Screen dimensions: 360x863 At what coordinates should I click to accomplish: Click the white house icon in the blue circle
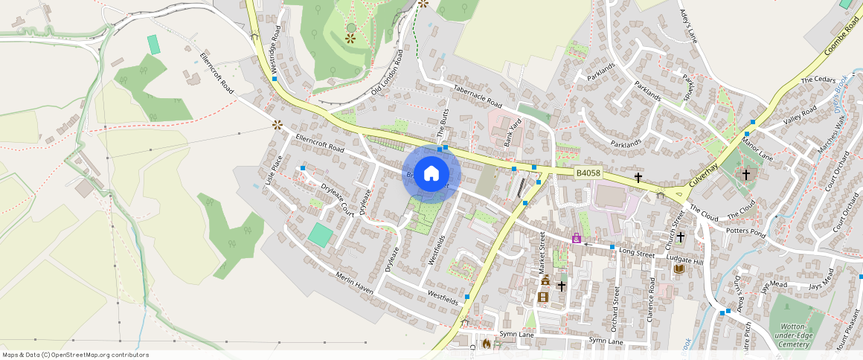coord(431,175)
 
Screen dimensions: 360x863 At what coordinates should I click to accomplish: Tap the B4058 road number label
coord(588,173)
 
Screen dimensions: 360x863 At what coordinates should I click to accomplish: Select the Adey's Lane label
coord(690,26)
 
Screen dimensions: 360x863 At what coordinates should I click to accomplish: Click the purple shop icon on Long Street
coord(576,238)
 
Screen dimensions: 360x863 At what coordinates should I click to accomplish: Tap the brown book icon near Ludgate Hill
coord(678,269)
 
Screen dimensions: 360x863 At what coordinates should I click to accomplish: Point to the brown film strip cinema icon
coord(543,297)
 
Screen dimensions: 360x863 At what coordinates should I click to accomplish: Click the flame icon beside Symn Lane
coord(487,344)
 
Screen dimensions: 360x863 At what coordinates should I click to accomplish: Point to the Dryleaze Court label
coord(336,199)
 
